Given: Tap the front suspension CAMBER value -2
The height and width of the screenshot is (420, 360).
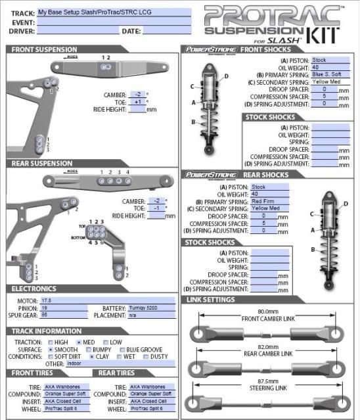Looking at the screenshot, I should click(137, 95).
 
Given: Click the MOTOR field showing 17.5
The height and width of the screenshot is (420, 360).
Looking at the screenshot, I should click(63, 300).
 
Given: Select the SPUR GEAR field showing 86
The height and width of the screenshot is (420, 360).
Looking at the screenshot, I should click(63, 315).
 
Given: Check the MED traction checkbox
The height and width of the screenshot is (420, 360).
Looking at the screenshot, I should click(79, 342).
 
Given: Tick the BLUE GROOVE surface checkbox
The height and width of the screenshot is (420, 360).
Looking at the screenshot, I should click(123, 350).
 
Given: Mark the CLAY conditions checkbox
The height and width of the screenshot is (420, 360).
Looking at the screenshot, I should click(92, 357).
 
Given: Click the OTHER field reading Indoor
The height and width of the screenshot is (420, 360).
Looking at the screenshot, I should click(110, 363).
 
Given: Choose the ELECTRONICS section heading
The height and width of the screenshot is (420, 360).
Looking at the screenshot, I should click(34, 289).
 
